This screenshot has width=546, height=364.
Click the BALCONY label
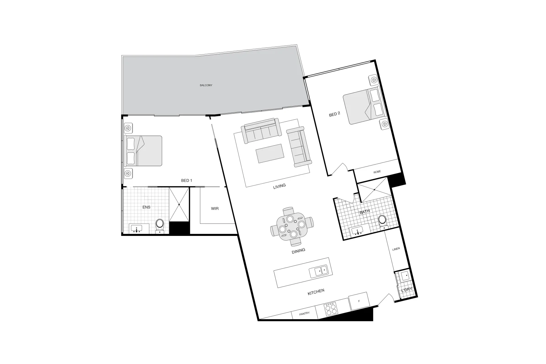pyautogui.click(x=206, y=85)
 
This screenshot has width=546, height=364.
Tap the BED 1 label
pyautogui.click(x=186, y=181)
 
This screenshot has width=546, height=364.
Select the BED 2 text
pyautogui.click(x=334, y=114)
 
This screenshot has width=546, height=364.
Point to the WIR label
pyautogui.click(x=215, y=209)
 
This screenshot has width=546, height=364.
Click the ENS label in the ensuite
pyautogui.click(x=146, y=207)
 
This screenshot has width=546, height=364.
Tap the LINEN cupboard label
pyautogui.click(x=396, y=249)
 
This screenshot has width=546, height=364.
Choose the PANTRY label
pyautogui.click(x=304, y=314)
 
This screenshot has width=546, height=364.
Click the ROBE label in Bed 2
pyautogui.click(x=377, y=172)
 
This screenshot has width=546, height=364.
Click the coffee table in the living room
pyautogui.click(x=269, y=153)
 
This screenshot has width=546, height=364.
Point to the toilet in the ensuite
pyautogui.click(x=160, y=225)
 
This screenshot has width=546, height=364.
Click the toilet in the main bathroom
pyautogui.click(x=382, y=221)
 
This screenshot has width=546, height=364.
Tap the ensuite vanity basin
pyautogui.click(x=136, y=229)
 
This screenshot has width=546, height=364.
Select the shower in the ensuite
pyautogui.click(x=179, y=204)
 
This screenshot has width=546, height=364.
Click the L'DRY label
pyautogui.click(x=406, y=290)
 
